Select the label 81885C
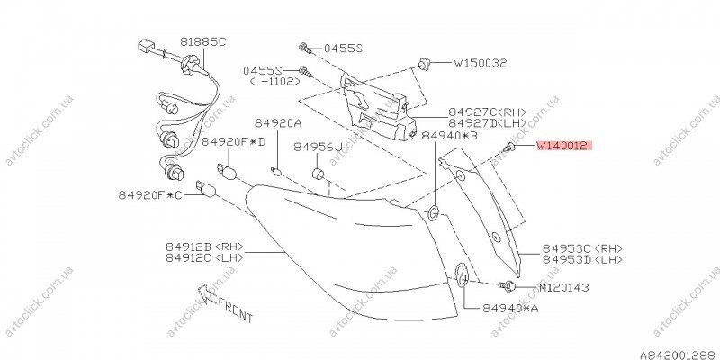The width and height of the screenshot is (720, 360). (203, 41)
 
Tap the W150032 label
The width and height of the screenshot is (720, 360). (481, 63)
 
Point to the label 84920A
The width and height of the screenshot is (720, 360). (278, 123)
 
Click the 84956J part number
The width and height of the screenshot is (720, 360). (319, 147)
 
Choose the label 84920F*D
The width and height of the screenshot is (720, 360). (234, 142)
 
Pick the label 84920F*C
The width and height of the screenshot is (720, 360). (150, 195)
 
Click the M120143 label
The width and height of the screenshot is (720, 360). (563, 288)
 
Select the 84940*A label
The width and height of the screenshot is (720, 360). (510, 308)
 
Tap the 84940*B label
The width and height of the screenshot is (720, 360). (449, 136)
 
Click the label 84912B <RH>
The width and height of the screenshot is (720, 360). (205, 247)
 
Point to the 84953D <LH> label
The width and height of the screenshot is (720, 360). (582, 259)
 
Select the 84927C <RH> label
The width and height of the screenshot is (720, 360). (488, 112)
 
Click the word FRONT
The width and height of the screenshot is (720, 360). (235, 309)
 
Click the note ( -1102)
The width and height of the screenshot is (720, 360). (275, 81)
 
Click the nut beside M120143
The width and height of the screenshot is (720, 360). (508, 287)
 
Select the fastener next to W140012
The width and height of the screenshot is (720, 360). (508, 147)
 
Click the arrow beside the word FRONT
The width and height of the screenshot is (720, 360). (207, 294)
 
